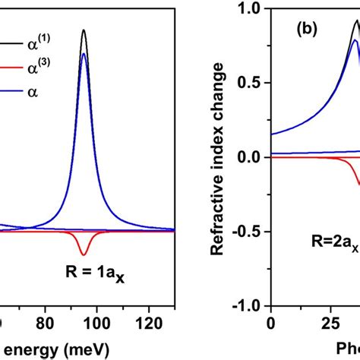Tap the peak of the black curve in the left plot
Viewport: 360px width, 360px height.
coord(84,30)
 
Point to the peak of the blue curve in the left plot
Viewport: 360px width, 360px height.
coord(84,54)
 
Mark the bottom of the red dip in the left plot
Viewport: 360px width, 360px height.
coord(84,255)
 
